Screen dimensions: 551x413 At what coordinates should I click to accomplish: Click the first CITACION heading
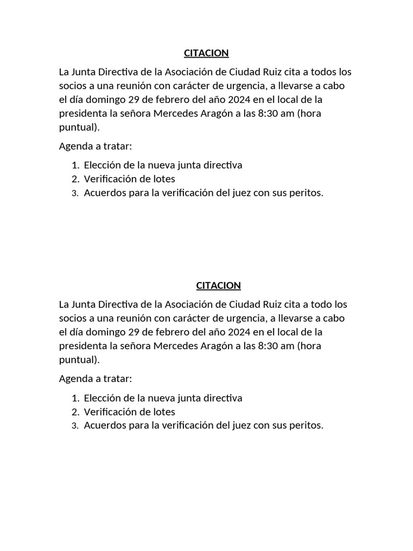point(206,53)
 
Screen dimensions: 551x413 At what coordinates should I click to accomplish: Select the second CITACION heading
point(218,285)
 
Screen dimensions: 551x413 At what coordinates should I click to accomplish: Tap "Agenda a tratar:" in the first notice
point(95,146)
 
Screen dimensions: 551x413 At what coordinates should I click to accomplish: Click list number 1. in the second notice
point(75,398)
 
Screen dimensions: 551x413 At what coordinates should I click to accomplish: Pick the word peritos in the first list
point(308,193)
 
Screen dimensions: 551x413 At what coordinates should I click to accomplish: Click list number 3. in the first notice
point(75,194)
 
